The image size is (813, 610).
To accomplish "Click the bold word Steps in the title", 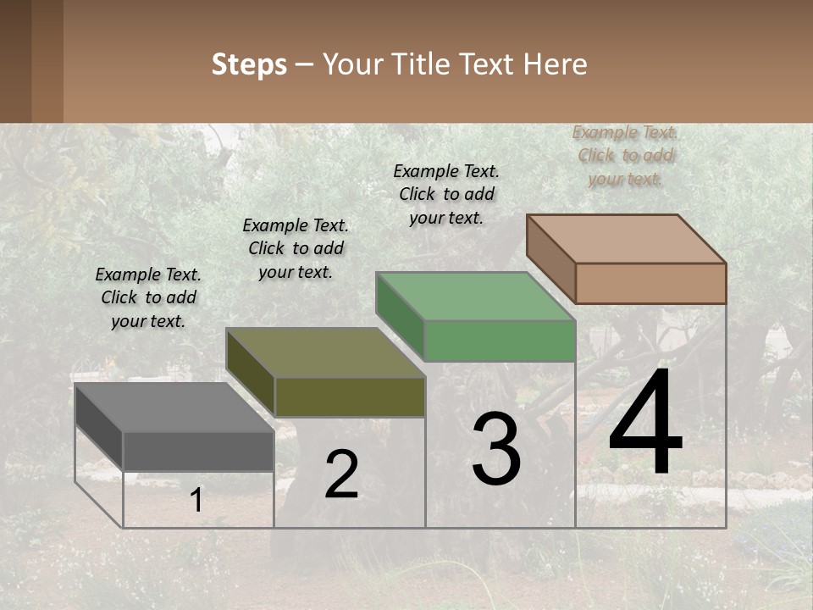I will coord(249,64).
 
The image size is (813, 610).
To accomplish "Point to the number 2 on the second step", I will coord(341,475).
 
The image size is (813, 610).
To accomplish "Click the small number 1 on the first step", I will coord(196,501).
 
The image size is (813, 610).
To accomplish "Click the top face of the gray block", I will coord(174,408).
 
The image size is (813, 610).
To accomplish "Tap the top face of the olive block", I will coord(325,352).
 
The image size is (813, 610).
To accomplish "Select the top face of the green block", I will coord(475,297).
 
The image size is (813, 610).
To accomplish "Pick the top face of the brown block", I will coord(626,239).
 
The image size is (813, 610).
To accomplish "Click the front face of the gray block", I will coord(198,451).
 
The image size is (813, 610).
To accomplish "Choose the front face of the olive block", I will coord(350,396).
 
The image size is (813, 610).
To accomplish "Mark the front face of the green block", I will coord(500,341).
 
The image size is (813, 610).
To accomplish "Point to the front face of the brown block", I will coord(650,283).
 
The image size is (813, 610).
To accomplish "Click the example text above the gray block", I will coord(148,297).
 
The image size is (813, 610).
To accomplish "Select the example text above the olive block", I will coord(296,248).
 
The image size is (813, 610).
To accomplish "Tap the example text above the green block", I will coord(446,194).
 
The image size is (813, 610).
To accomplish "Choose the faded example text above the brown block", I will coord(625,155).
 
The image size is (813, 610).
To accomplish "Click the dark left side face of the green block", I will coord(400,316).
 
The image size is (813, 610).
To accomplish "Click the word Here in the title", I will coord(555,64).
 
